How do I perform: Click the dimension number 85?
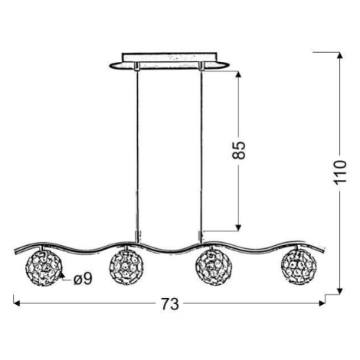pyautogui.click(x=239, y=150)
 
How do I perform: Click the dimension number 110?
pyautogui.click(x=340, y=172)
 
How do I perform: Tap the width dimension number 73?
pyautogui.click(x=170, y=304)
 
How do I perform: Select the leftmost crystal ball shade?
pyautogui.click(x=44, y=267)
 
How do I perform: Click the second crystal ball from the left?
pyautogui.click(x=126, y=267)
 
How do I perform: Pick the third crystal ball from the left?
pyautogui.click(x=214, y=267)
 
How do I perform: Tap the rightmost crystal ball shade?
pyautogui.click(x=299, y=267)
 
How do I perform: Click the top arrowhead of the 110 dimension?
pyautogui.click(x=339, y=55)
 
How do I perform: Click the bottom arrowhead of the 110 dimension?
pyautogui.click(x=339, y=291)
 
